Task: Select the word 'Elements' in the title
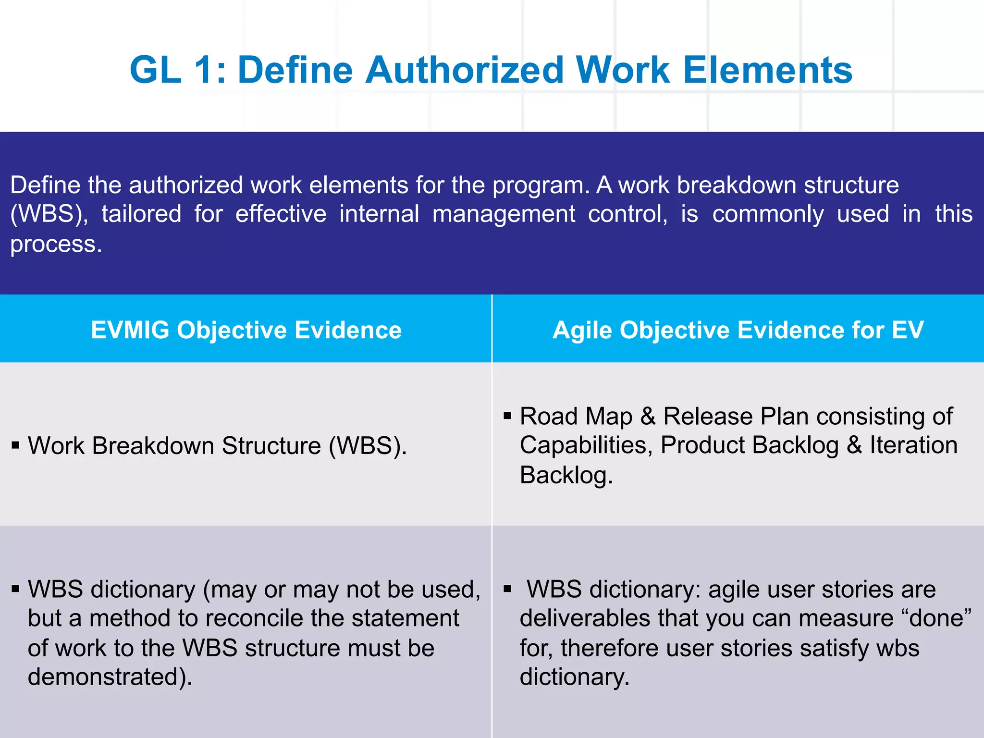click(x=767, y=70)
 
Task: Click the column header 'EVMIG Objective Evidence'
click(x=246, y=330)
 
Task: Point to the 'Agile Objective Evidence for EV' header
click(x=738, y=330)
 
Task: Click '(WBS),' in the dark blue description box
click(x=49, y=214)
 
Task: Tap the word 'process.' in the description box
click(x=56, y=244)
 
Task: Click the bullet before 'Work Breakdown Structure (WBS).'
click(x=16, y=445)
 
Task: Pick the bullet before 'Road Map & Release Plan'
click(x=507, y=415)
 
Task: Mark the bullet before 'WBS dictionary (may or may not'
click(x=16, y=589)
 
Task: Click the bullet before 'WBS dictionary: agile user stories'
click(x=507, y=589)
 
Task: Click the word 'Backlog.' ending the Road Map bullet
click(x=566, y=475)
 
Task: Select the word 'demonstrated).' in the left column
click(x=110, y=677)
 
